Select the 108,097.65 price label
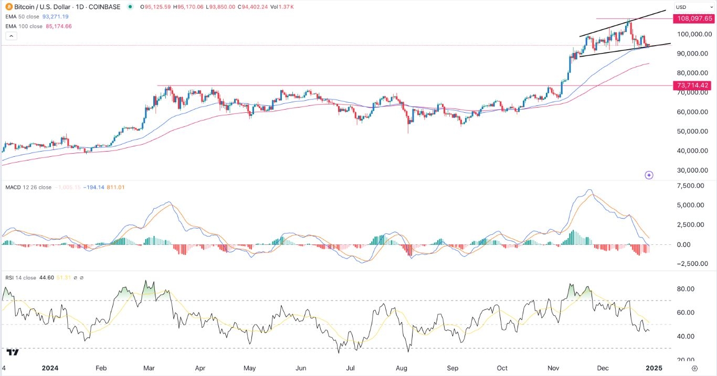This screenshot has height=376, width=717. [x=694, y=18]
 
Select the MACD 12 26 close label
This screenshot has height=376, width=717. [x=29, y=187]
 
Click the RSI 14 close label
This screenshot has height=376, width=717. [x=22, y=278]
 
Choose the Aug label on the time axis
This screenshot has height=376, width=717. [x=403, y=368]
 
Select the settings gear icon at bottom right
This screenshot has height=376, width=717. [x=694, y=368]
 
